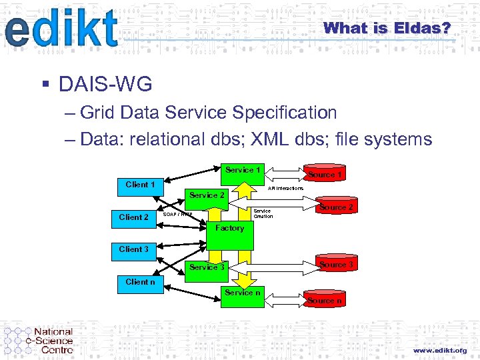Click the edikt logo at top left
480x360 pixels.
[61, 29]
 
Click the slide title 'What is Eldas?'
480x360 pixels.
[387, 28]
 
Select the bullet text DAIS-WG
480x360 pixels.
[105, 85]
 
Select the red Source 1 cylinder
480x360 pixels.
[325, 173]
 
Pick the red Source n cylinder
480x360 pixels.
[325, 300]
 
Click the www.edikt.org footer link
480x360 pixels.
[440, 350]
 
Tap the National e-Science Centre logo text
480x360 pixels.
[53, 341]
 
